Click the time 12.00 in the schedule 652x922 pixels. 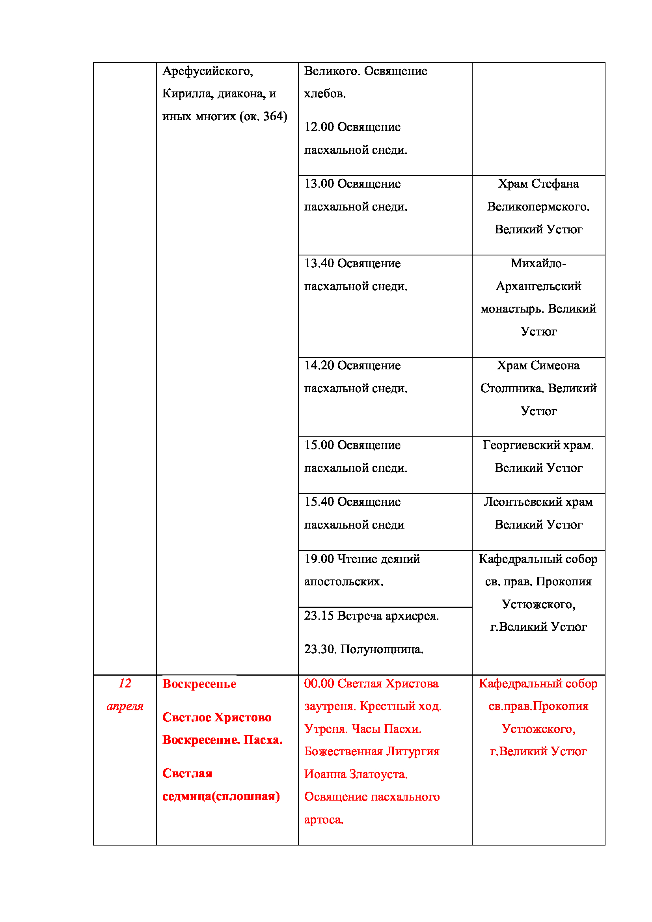click(x=319, y=127)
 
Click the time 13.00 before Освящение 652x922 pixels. click(x=319, y=184)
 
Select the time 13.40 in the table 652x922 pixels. click(x=319, y=263)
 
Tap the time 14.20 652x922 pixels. click(x=319, y=365)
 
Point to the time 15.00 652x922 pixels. click(x=319, y=445)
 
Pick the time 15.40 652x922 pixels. click(x=319, y=501)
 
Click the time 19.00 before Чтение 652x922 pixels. click(x=319, y=559)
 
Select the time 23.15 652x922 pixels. click(x=319, y=616)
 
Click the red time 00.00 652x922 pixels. click(x=319, y=684)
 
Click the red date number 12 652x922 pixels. click(x=125, y=684)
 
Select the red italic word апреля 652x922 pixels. click(x=125, y=706)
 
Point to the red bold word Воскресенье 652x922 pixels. click(x=199, y=684)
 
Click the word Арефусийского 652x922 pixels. click(x=207, y=71)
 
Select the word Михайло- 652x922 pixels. click(x=538, y=263)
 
